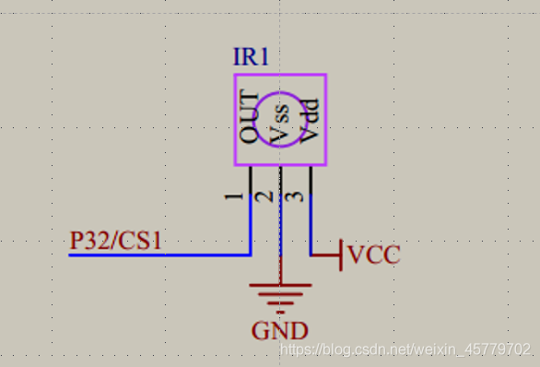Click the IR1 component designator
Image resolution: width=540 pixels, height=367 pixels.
[251, 56]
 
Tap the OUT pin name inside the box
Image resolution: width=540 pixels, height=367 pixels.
[249, 116]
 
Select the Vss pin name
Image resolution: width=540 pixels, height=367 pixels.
[279, 124]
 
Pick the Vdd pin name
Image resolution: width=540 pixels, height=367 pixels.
[310, 121]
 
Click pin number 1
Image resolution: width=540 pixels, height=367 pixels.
[234, 196]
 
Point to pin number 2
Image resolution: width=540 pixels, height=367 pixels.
[264, 196]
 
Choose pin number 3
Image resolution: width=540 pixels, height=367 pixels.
[295, 196]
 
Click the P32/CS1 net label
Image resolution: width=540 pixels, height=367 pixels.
[116, 240]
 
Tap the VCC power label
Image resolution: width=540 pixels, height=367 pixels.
[374, 255]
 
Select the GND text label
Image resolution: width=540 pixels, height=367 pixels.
[279, 331]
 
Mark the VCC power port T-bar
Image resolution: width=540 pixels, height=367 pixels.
[341, 255]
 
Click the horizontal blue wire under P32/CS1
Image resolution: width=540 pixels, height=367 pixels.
[159, 255]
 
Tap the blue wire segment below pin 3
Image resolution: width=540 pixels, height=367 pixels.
[311, 225]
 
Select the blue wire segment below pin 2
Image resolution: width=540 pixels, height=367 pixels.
[281, 225]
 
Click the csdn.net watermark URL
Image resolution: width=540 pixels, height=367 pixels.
[405, 349]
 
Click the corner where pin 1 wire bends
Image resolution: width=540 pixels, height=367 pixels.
[251, 255]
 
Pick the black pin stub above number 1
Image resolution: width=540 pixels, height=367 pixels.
[251, 180]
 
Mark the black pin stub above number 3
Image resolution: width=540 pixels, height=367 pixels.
[311, 180]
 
